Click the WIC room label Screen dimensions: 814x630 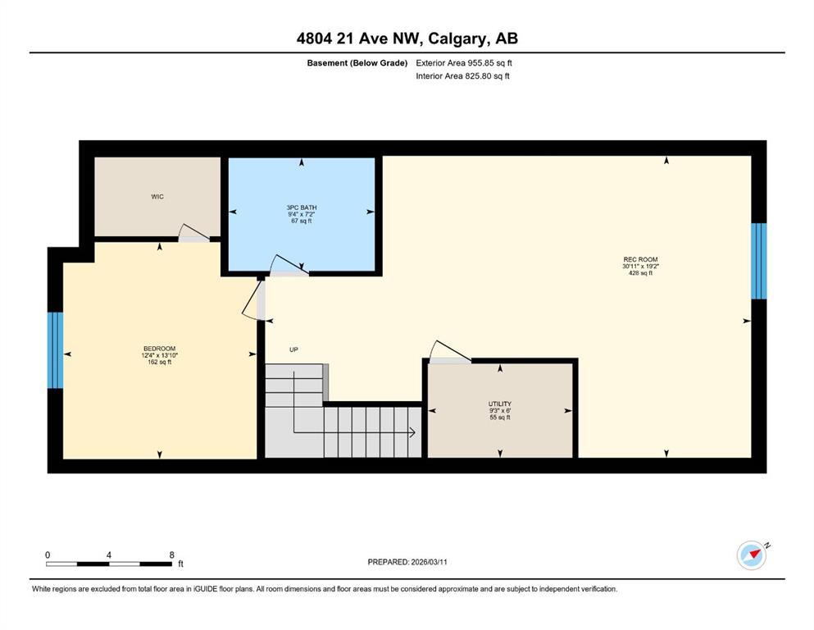157,196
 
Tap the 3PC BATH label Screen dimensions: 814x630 302,208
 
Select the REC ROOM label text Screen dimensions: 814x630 640,259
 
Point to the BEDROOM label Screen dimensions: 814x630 159,349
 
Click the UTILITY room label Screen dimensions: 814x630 500,404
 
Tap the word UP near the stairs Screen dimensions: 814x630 293,349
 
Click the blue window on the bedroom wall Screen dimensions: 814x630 55,350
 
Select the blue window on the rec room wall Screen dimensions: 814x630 759,261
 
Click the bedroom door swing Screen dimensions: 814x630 252,300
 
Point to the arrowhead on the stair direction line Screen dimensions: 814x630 412,432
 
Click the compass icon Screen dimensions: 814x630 752,555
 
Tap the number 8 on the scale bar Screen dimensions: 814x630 172,555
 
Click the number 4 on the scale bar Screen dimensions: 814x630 109,555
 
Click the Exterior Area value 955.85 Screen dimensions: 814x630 481,63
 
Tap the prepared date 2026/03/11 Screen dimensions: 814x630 429,562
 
